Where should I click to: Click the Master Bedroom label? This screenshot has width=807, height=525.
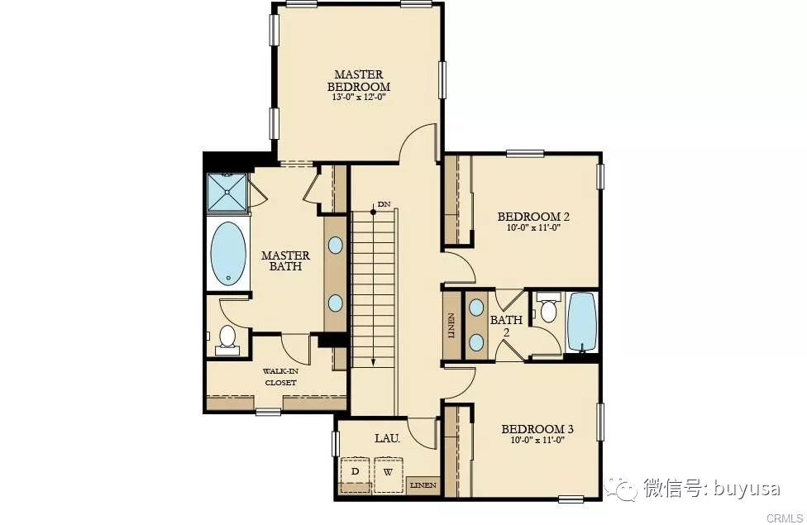pos(359,81)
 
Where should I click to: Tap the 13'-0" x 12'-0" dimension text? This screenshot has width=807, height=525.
pos(359,97)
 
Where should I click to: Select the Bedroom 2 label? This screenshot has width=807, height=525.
pos(533,216)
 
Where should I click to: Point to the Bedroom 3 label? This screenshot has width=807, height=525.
pos(537,429)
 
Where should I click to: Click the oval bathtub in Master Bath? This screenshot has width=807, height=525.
pos(228,253)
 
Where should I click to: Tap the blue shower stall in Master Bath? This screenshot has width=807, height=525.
pos(227,192)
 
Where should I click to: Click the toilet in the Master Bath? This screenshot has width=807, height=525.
pos(227,340)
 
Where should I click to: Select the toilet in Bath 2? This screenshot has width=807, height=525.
pos(548,308)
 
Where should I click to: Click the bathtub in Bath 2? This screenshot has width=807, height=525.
pos(581,322)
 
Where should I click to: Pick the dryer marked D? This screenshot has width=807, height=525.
pos(355,474)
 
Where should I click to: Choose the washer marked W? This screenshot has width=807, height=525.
pos(389,474)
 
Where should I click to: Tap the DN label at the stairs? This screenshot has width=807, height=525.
pos(384,204)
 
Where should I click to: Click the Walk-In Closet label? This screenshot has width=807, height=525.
pos(280,377)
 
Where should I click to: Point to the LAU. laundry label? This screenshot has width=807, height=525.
pos(388,438)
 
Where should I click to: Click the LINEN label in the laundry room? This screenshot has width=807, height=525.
pos(423,484)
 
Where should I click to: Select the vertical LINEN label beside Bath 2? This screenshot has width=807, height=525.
pos(451,325)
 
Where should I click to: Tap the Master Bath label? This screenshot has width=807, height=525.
pos(285,260)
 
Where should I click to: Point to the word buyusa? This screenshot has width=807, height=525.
pos(747,489)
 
